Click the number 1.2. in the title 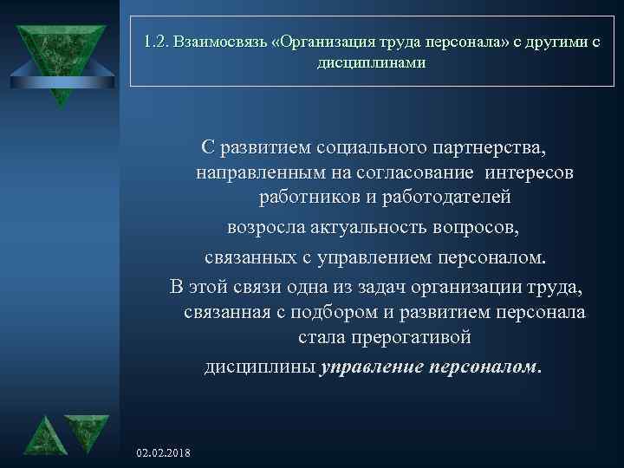pyautogui.click(x=158, y=42)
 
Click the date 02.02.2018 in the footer pyautogui.click(x=165, y=453)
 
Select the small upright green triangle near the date pyautogui.click(x=42, y=433)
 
